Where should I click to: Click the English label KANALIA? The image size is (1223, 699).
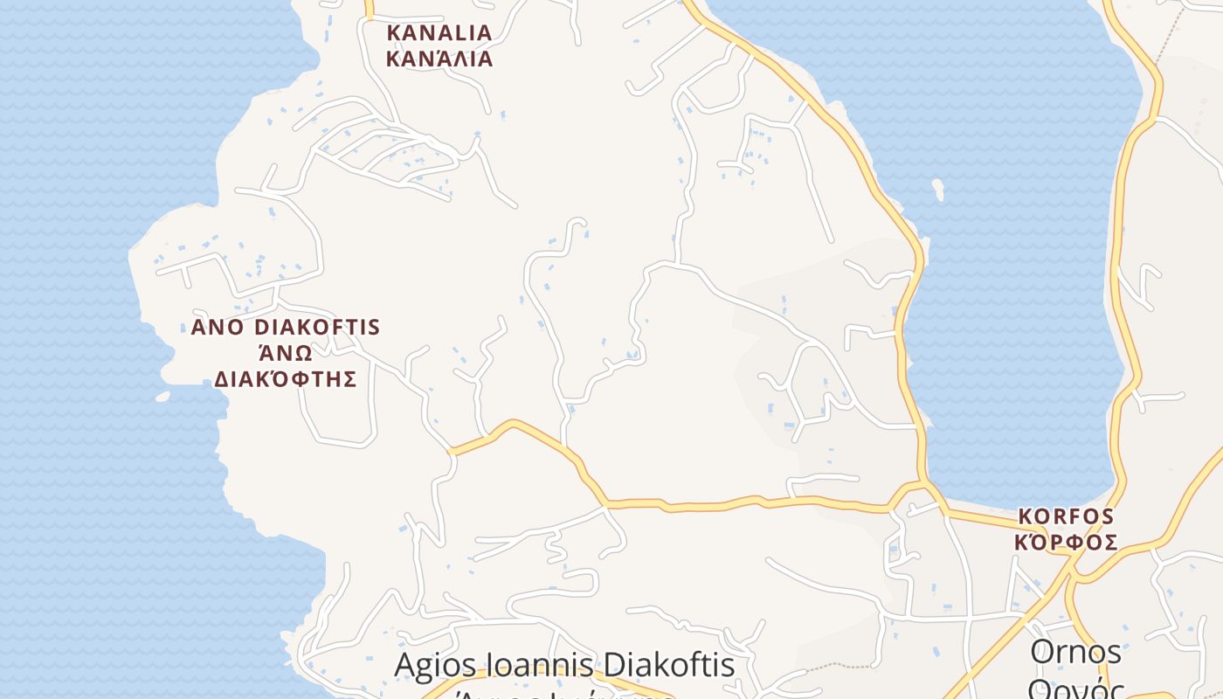tap(439, 33)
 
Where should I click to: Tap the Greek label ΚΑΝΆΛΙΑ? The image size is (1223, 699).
tap(439, 59)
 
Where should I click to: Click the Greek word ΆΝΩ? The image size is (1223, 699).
tap(286, 353)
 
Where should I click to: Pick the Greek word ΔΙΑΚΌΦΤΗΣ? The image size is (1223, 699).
tap(286, 379)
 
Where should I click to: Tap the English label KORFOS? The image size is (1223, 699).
tap(1066, 516)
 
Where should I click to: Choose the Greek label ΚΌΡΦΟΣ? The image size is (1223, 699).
tap(1066, 543)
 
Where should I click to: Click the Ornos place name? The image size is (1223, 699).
tap(1075, 652)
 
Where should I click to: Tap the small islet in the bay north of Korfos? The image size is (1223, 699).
tap(938, 189)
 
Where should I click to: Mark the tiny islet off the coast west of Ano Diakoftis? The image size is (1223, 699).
tap(162, 397)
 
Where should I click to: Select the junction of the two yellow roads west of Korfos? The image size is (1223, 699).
tap(926, 483)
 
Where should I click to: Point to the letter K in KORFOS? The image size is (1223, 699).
tap(1026, 516)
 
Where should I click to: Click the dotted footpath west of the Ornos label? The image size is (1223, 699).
tap(830, 667)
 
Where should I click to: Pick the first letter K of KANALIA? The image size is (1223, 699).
tap(394, 33)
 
